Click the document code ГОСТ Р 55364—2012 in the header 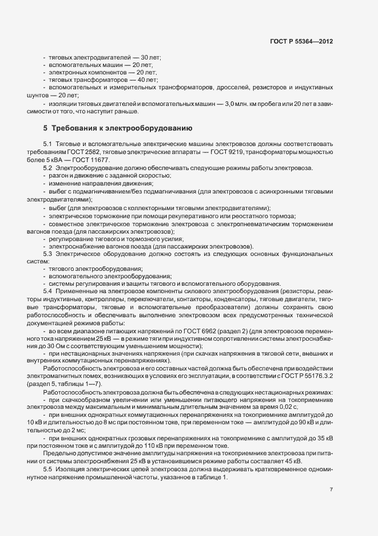click(301, 42)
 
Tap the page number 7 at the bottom click(331, 489)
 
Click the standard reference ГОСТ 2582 click(87, 150)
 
